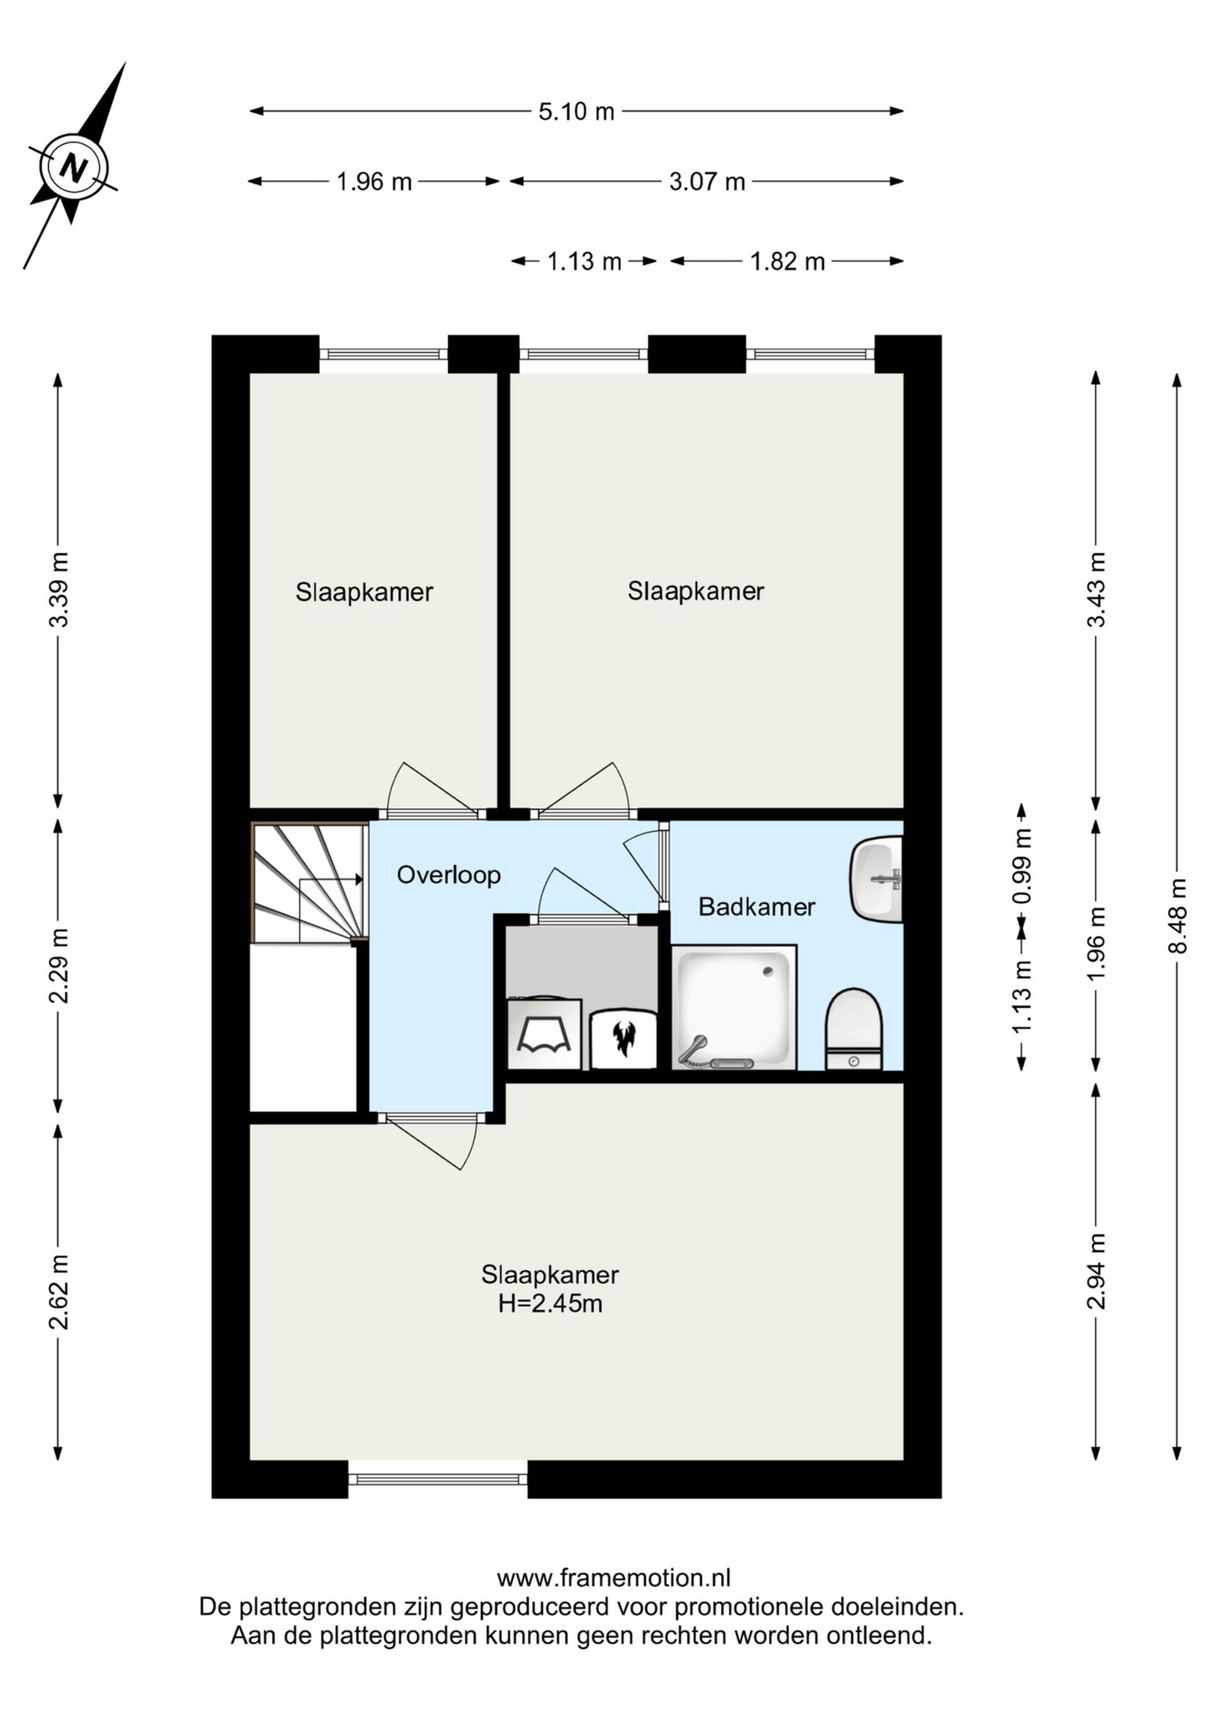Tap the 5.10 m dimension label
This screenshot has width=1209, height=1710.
click(x=576, y=112)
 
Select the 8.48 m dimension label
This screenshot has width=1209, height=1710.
click(x=1177, y=915)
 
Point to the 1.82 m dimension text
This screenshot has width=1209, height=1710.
click(x=787, y=261)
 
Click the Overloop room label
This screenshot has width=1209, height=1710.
click(x=448, y=875)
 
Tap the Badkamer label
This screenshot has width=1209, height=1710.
click(x=756, y=907)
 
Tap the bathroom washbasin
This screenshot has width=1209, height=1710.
click(x=877, y=879)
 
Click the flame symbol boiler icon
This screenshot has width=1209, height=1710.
click(x=623, y=1038)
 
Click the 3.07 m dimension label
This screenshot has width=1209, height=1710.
click(x=707, y=181)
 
